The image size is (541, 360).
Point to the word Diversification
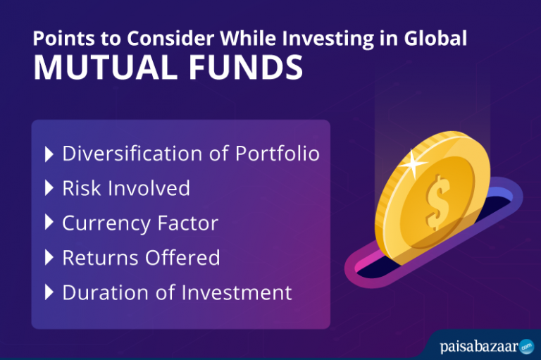coord(131,153)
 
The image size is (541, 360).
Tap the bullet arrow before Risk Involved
coord(49,188)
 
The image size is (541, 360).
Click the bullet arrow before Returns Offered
coord(49,258)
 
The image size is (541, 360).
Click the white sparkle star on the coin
coord(412,164)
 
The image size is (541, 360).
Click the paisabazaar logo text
coord(478,347)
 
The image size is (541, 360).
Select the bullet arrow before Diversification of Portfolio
coord(49,154)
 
